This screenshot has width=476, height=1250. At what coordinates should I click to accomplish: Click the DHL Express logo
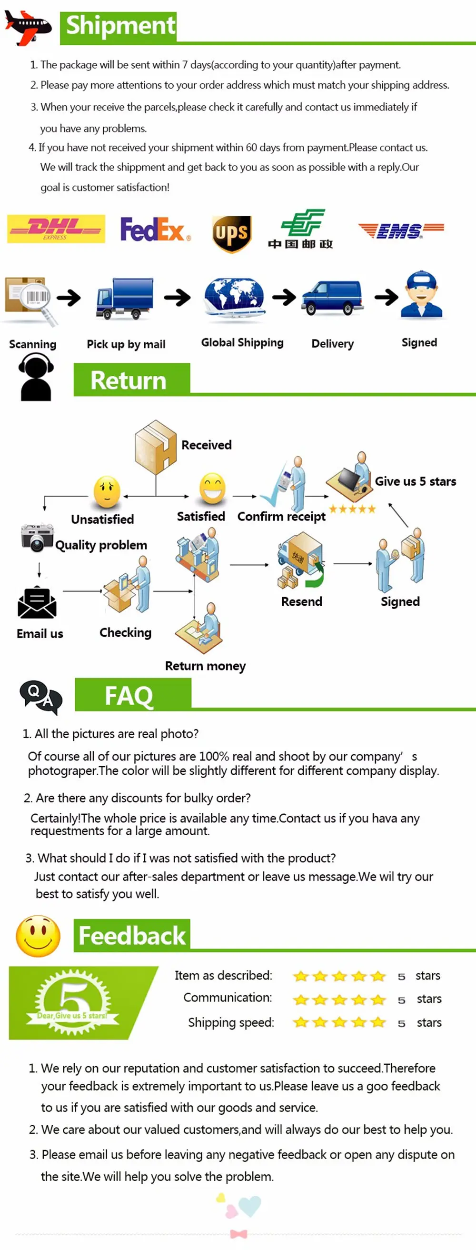(56, 229)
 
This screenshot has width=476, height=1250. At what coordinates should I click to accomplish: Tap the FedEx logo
(155, 230)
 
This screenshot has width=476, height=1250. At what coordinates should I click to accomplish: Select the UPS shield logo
(232, 234)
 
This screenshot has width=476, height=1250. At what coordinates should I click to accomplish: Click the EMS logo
(401, 230)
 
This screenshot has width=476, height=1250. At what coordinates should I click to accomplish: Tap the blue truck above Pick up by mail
(125, 299)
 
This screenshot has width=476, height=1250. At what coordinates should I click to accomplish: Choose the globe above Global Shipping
(234, 298)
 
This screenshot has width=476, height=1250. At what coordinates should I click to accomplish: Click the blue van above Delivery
(332, 298)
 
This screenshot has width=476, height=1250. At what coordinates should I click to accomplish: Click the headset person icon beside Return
(35, 377)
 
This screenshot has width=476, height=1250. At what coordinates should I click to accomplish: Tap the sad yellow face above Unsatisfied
(107, 491)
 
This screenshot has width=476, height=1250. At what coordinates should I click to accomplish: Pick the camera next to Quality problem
(37, 538)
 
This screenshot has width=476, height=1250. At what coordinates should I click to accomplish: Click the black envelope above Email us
(37, 602)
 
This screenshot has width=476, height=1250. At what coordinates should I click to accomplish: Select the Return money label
(205, 666)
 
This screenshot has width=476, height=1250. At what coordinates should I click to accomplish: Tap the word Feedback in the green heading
(132, 936)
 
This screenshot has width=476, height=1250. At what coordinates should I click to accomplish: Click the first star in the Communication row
(301, 999)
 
